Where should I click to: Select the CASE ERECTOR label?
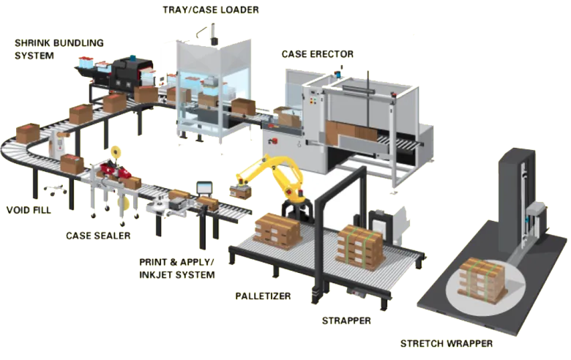click(x=318, y=54)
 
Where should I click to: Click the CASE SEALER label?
click(x=98, y=236)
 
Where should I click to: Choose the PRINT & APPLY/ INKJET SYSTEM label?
click(x=177, y=268)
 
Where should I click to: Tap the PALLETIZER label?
click(x=263, y=296)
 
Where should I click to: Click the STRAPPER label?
click(x=346, y=320)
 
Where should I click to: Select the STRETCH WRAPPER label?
click(x=446, y=343)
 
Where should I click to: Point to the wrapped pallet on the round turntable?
click(x=481, y=280)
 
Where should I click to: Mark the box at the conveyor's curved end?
click(x=28, y=132)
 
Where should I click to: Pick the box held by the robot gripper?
click(x=239, y=190)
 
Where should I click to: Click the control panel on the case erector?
click(x=316, y=102)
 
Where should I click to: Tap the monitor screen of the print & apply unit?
click(x=203, y=187)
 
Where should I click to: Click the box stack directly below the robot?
click(x=277, y=230)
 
